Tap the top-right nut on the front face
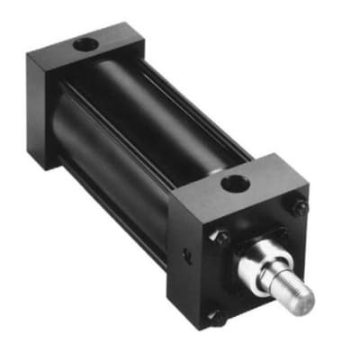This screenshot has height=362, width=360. (300, 208)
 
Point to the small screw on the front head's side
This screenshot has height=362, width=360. (186, 257)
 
